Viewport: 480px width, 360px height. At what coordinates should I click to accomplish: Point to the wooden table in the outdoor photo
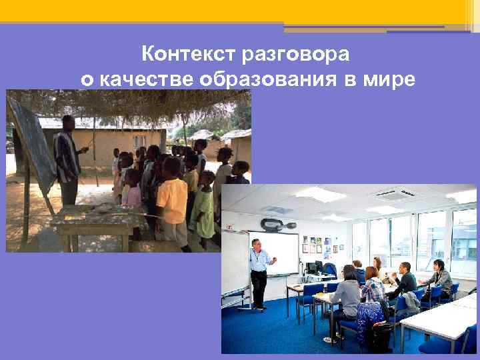(x=100, y=220)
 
